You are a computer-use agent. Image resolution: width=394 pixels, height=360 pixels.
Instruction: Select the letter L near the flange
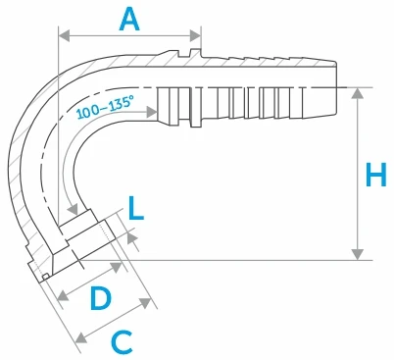[x=136, y=208]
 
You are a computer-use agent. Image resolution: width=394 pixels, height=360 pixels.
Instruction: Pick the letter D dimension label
[x=100, y=298]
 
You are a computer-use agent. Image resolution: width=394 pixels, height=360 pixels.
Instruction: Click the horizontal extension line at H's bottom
[x=245, y=261]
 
